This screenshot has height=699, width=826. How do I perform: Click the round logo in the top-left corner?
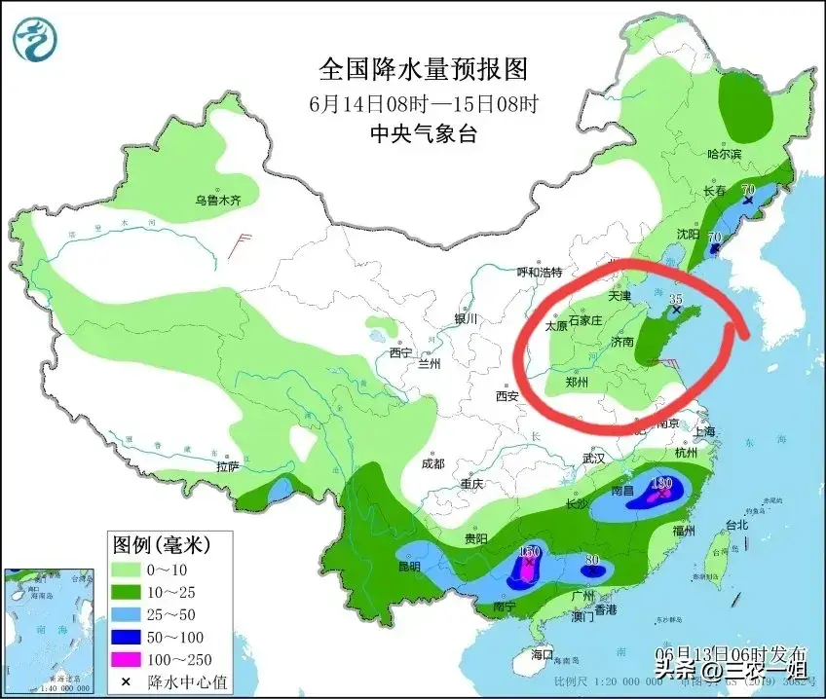click(x=35, y=39)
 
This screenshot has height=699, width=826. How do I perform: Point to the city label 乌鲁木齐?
click(x=216, y=201)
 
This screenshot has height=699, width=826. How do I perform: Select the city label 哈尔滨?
click(x=724, y=154)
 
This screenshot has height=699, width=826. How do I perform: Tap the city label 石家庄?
click(x=586, y=320)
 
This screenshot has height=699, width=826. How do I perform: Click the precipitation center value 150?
click(x=529, y=552)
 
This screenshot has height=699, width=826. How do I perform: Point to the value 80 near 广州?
click(x=591, y=560)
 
